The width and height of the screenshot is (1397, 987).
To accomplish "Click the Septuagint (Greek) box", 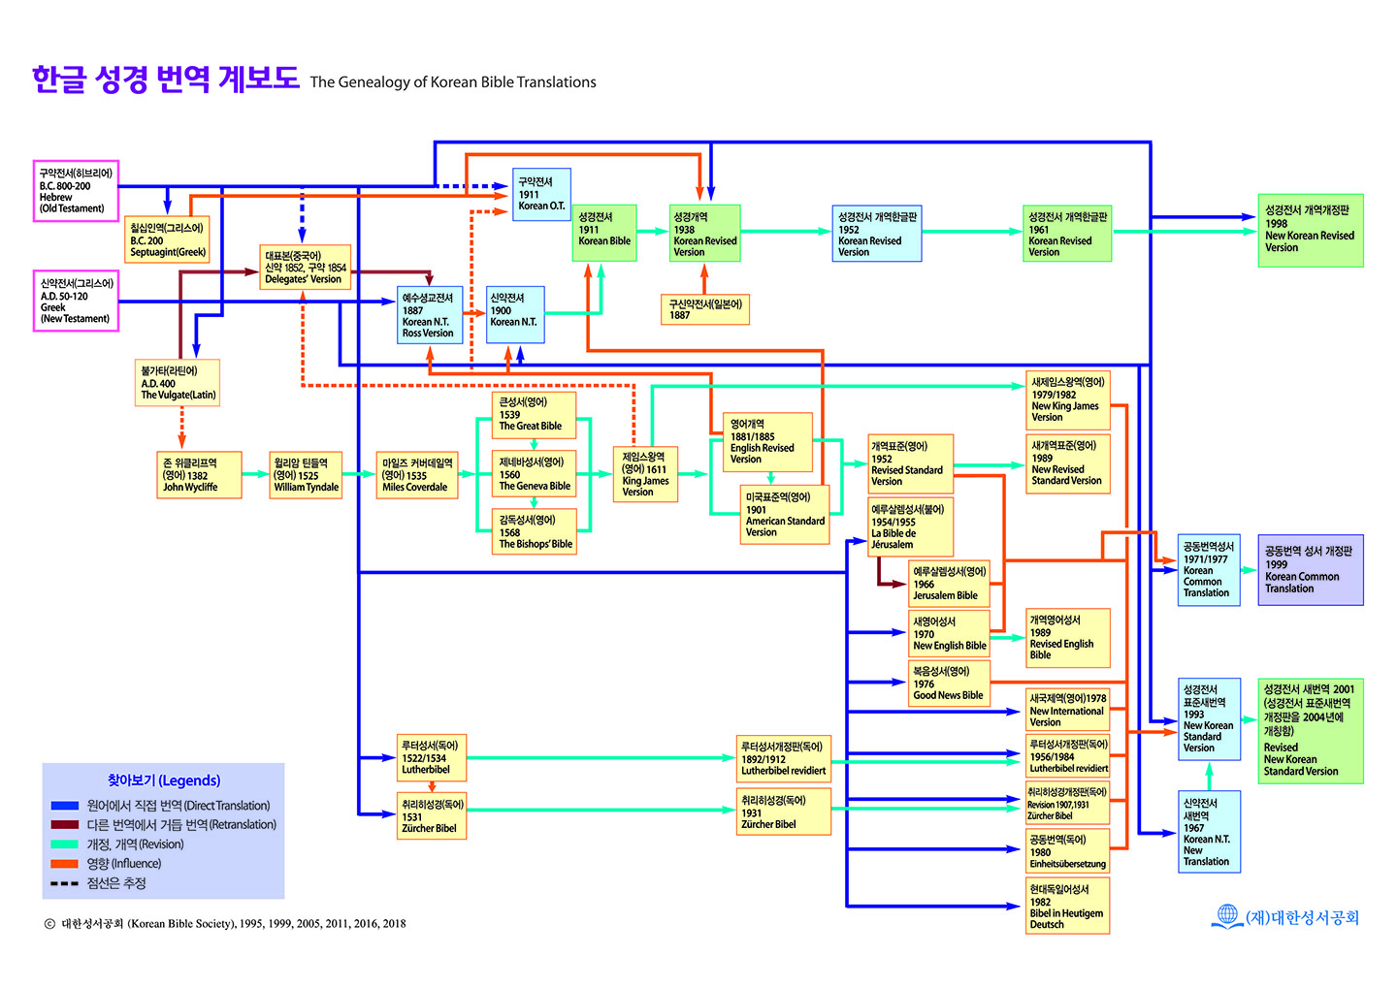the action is click(167, 239).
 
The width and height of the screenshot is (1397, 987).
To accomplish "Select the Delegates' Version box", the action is click(305, 267).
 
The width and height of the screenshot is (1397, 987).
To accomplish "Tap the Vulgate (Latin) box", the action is click(178, 383).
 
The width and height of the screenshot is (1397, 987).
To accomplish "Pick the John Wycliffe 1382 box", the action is click(199, 475).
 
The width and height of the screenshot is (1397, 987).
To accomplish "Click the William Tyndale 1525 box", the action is click(306, 475).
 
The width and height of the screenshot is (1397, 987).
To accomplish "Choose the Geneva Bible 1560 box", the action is click(534, 473).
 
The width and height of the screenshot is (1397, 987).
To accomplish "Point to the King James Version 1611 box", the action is click(645, 474).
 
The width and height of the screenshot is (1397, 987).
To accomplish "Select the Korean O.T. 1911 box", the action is click(541, 194).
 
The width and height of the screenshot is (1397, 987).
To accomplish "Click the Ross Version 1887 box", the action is click(430, 315).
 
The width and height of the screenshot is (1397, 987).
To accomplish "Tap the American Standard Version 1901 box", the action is click(785, 515).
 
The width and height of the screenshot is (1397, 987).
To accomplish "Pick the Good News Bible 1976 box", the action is click(949, 684).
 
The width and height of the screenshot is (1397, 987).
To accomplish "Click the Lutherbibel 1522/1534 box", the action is click(432, 757).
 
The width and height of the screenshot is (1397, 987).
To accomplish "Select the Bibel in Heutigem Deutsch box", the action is click(1068, 906).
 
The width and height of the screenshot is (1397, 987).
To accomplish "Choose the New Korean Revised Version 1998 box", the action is click(1311, 231).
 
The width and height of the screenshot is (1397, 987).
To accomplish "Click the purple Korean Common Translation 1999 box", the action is click(1311, 569).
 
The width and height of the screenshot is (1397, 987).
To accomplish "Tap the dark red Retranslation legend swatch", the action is click(65, 824).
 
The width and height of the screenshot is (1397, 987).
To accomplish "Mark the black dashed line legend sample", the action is click(65, 883).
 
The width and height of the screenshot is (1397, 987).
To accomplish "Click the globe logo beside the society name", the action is click(1226, 916).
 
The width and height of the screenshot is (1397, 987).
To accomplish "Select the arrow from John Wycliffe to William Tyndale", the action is click(256, 474).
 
